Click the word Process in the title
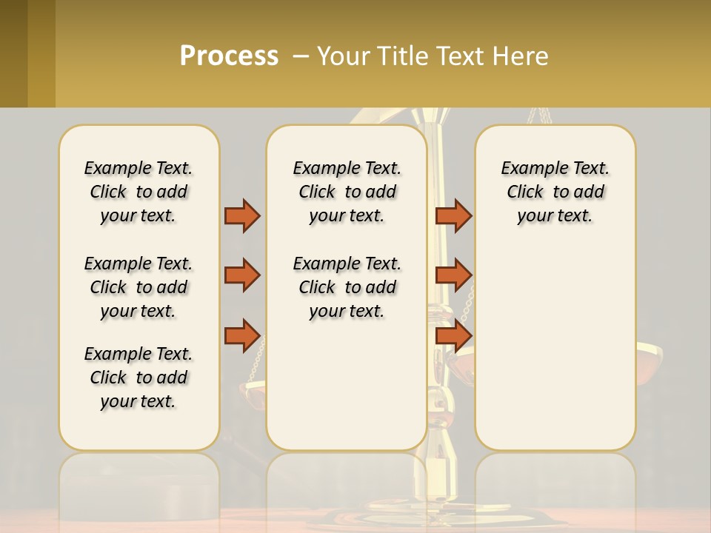[229, 56]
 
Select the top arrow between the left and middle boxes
[242, 215]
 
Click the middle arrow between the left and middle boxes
[242, 275]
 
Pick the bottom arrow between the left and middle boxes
[242, 335]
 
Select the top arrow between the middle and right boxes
[453, 215]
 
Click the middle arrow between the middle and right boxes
[453, 275]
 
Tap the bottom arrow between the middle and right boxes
[453, 335]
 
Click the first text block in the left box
[138, 192]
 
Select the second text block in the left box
[138, 287]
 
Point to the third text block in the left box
[138, 378]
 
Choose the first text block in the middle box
[347, 192]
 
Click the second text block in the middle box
[347, 287]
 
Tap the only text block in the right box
[555, 192]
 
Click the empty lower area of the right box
[555, 355]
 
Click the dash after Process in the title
[301, 56]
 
